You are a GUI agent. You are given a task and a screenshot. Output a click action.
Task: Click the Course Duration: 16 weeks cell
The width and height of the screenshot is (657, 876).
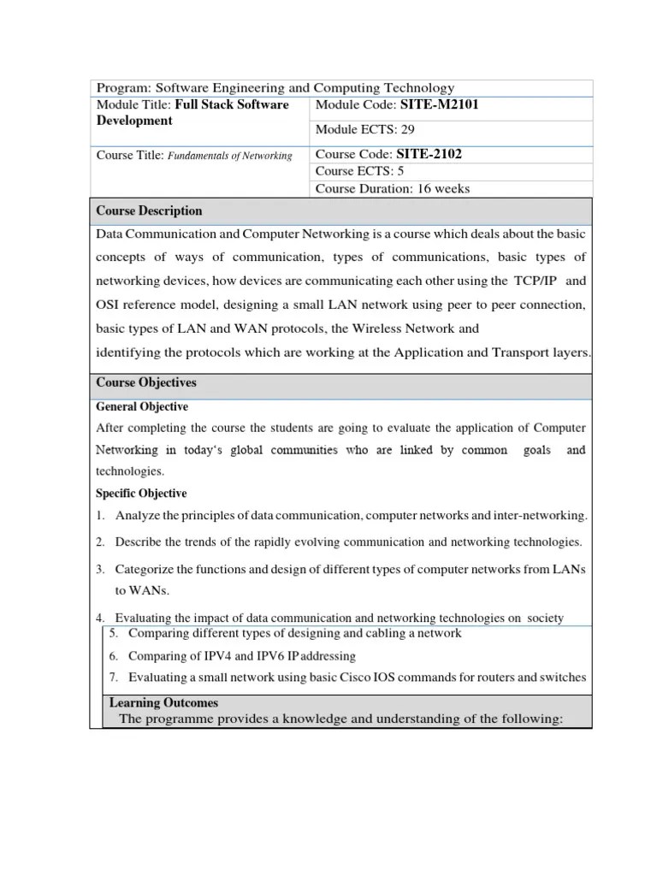(393, 188)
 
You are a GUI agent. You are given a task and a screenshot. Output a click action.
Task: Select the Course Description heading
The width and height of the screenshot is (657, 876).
(149, 210)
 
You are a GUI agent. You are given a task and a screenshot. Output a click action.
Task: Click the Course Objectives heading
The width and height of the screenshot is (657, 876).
(145, 382)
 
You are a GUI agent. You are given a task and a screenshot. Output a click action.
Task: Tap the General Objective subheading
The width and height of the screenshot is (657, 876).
(142, 406)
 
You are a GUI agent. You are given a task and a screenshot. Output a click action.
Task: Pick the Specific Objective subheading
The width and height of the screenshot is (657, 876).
(141, 494)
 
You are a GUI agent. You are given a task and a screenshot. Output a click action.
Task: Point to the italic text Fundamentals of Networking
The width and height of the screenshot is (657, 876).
(229, 156)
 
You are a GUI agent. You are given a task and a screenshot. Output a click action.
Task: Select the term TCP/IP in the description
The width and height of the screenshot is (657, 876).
(535, 281)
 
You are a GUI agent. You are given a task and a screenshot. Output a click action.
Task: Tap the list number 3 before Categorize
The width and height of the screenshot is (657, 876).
(99, 569)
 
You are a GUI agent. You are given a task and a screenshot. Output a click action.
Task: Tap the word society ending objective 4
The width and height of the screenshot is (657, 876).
(545, 619)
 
